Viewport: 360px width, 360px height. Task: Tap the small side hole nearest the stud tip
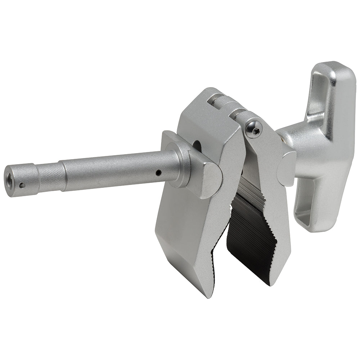tap(22, 186)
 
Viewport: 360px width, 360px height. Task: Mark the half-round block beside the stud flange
tap(205, 176)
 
